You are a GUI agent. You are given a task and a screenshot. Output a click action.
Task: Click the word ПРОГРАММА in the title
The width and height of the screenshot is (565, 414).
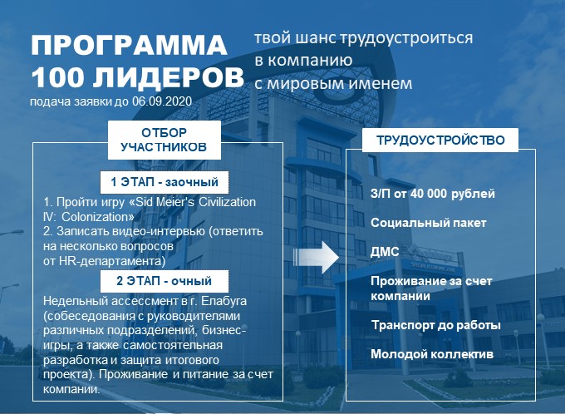(129, 45)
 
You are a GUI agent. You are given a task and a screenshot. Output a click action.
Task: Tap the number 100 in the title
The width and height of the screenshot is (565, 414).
(57, 77)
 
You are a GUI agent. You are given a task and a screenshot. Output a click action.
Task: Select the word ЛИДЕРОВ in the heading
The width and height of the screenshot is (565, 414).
(169, 78)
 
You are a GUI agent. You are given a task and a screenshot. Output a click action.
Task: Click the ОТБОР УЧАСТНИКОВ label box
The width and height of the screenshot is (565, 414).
(165, 140)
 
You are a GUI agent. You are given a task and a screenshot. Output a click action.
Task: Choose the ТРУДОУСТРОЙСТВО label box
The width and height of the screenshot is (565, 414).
(440, 140)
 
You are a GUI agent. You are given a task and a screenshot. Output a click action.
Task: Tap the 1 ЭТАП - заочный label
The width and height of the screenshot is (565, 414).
(165, 182)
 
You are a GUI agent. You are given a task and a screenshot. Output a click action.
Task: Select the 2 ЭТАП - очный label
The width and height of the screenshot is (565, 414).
(165, 281)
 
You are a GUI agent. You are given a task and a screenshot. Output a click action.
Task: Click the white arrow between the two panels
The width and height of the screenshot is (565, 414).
(317, 257)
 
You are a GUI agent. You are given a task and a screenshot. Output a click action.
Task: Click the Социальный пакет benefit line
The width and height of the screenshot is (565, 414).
(429, 223)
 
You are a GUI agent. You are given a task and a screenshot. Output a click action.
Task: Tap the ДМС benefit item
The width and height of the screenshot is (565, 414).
(385, 252)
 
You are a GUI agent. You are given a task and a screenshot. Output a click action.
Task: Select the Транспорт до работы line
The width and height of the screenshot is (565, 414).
(436, 325)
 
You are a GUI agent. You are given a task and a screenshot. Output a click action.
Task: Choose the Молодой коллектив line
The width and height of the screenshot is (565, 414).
(432, 354)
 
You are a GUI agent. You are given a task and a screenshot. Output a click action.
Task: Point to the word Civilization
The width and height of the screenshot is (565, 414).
(228, 202)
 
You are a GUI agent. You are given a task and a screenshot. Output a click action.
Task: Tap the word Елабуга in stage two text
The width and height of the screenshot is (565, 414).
(224, 301)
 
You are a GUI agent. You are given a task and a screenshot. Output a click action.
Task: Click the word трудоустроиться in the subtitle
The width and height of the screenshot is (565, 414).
(406, 38)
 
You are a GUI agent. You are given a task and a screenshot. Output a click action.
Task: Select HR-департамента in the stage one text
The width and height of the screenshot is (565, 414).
(112, 261)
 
